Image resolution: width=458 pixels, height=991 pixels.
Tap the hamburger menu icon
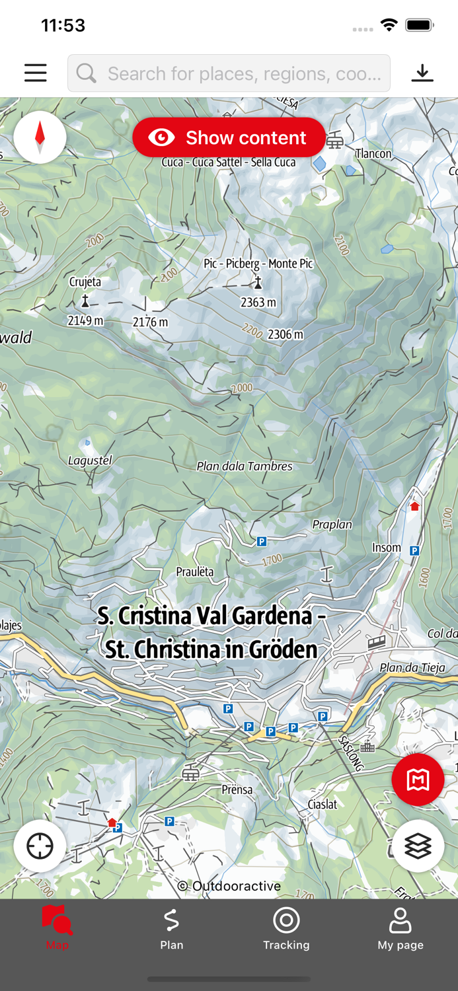pyautogui.click(x=36, y=73)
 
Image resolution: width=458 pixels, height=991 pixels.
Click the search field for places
pyautogui.click(x=229, y=73)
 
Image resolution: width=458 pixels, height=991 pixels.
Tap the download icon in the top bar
pyautogui.click(x=422, y=73)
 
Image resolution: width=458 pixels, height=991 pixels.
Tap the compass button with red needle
pyautogui.click(x=40, y=137)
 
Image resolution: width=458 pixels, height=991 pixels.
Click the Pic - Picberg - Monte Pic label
pyautogui.click(x=258, y=264)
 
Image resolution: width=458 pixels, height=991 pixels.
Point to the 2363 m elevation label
pyautogui.click(x=258, y=303)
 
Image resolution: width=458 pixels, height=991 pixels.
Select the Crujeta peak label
pyautogui.click(x=85, y=282)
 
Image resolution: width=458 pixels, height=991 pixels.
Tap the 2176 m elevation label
pyautogui.click(x=150, y=322)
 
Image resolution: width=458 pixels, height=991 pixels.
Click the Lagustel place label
pyautogui.click(x=90, y=460)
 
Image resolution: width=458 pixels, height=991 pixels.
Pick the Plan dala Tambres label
pyautogui.click(x=245, y=466)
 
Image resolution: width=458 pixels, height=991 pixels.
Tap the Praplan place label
pyautogui.click(x=332, y=525)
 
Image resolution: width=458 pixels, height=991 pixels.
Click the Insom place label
pyautogui.click(x=386, y=548)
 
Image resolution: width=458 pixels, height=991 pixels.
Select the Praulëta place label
pyautogui.click(x=195, y=572)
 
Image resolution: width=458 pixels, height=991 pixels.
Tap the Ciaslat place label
pyautogui.click(x=323, y=804)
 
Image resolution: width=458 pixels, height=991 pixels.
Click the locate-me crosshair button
pyautogui.click(x=40, y=846)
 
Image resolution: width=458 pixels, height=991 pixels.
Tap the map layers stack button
pyautogui.click(x=418, y=846)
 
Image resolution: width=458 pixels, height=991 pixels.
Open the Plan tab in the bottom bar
pyautogui.click(x=171, y=928)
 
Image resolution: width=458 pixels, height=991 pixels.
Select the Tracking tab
pyautogui.click(x=286, y=928)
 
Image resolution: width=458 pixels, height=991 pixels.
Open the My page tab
pyautogui.click(x=401, y=928)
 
